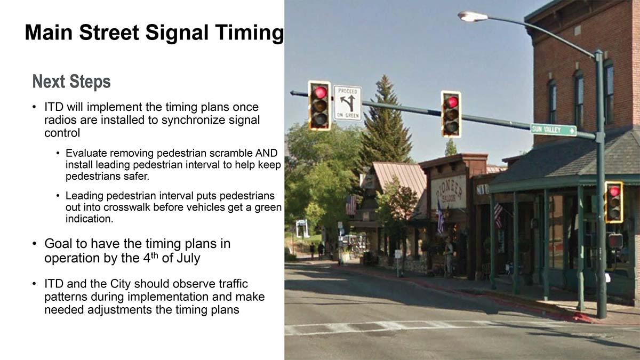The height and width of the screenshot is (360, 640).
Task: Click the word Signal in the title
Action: (x=177, y=33)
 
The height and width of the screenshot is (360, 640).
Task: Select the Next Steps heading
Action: (x=71, y=82)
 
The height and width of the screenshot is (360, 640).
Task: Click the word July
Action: (x=189, y=258)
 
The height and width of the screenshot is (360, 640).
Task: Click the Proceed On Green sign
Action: (x=348, y=103)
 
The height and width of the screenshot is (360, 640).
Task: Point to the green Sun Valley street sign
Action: (x=554, y=130)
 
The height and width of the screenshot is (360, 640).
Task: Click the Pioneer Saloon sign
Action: (x=449, y=192)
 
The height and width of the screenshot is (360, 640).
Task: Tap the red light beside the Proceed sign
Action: (x=321, y=92)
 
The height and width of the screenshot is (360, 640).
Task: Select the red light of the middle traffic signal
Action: (x=452, y=102)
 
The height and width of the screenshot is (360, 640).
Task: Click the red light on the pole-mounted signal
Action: (x=614, y=191)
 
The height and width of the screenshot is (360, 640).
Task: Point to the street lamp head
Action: (x=473, y=17)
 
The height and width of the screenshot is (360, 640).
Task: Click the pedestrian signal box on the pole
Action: (x=615, y=241)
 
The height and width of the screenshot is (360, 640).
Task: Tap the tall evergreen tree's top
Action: (x=386, y=77)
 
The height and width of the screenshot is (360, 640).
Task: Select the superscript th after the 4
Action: (x=154, y=254)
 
